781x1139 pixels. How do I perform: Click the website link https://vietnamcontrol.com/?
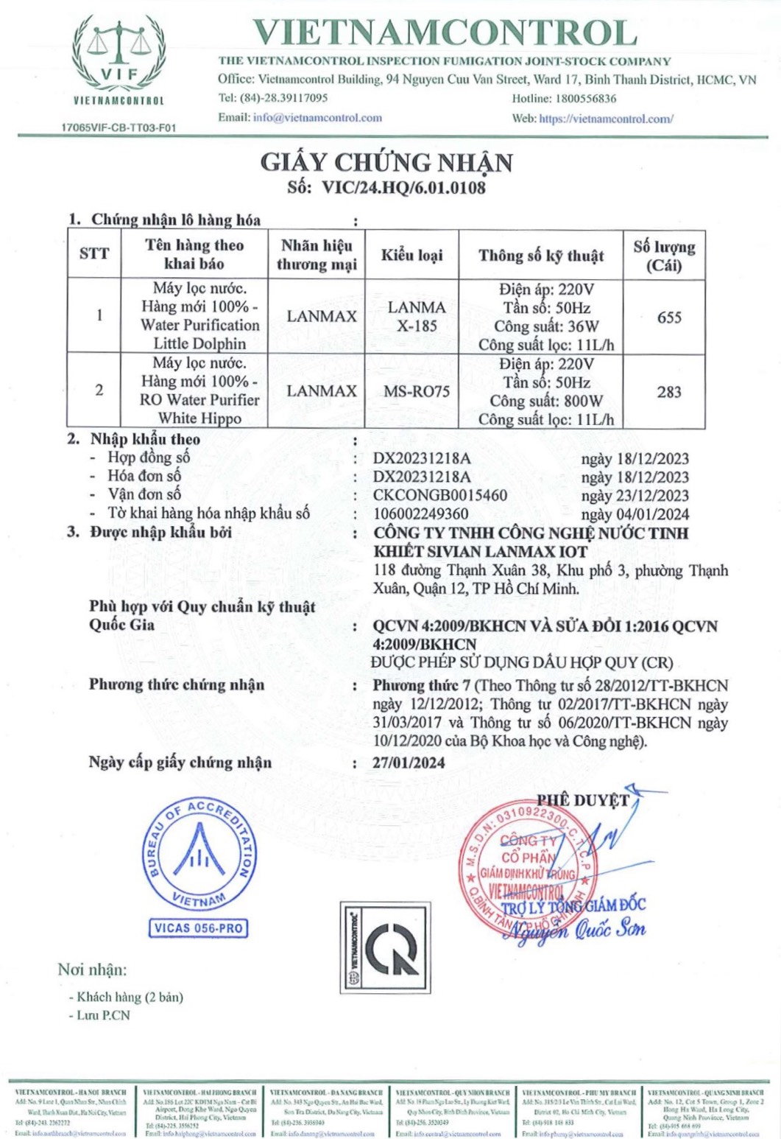(x=606, y=118)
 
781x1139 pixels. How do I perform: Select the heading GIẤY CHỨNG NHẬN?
(x=386, y=162)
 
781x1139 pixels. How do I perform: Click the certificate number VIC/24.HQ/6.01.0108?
(x=404, y=187)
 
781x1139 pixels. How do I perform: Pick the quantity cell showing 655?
(x=669, y=318)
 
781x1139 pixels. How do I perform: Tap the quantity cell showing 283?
(x=669, y=391)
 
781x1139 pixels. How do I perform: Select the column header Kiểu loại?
(x=411, y=255)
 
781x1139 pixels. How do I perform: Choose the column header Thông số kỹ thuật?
(x=541, y=256)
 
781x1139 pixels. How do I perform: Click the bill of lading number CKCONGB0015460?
(x=440, y=495)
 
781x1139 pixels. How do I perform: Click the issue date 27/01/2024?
(x=409, y=763)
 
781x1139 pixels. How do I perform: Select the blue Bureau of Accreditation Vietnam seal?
(x=199, y=855)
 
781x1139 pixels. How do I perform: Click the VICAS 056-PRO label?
(x=198, y=928)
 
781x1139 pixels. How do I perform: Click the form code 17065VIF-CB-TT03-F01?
(x=119, y=127)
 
